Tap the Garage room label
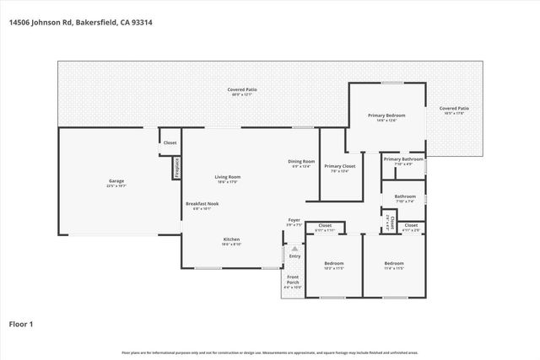[116, 183]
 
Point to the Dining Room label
[301, 164]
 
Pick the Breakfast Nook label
[199, 206]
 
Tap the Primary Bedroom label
[386, 116]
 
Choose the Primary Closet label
[339, 168]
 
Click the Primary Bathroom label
[403, 161]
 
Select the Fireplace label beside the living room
[178, 167]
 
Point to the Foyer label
[294, 222]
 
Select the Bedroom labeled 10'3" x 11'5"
[333, 265]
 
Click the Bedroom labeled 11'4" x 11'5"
[394, 265]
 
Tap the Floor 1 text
[21, 324]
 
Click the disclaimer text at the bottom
[269, 353]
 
